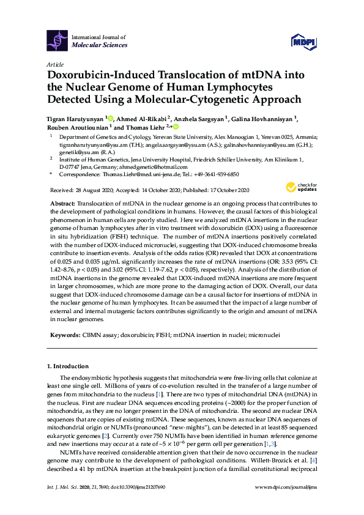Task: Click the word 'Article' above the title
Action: pyautogui.click(x=54, y=64)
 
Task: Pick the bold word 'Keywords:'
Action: pyautogui.click(x=64, y=336)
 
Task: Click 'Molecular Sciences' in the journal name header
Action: pyautogui.click(x=100, y=45)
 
